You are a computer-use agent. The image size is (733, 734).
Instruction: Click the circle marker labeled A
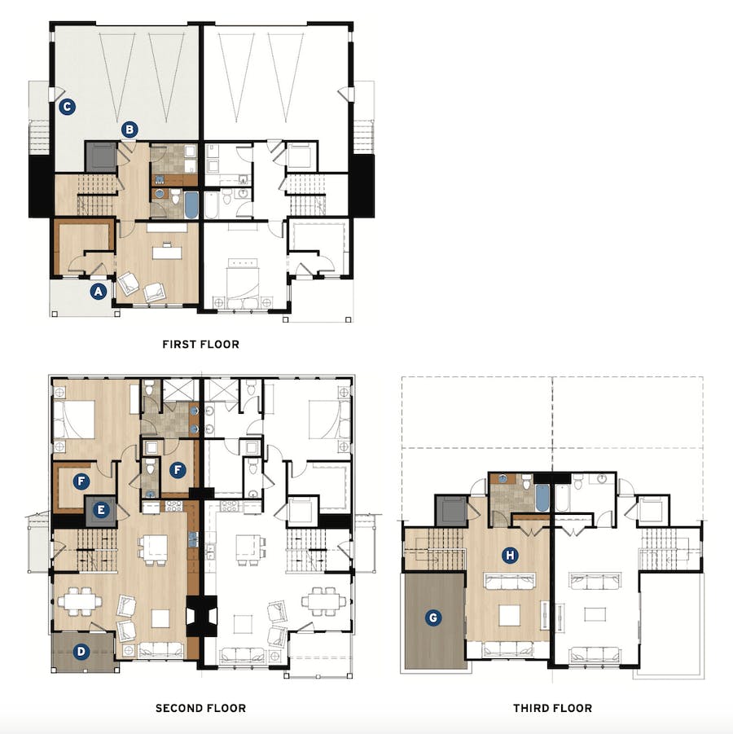(98, 289)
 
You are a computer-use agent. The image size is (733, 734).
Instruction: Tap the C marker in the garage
(68, 106)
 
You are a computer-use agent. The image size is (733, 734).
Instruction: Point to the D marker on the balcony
(81, 651)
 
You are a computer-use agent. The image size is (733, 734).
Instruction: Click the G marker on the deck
(433, 618)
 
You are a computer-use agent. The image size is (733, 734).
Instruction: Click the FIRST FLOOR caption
(200, 345)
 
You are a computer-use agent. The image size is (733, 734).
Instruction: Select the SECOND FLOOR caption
(200, 708)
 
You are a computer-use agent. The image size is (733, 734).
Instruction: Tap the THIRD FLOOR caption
(552, 708)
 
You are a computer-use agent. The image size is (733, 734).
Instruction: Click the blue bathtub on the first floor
(191, 204)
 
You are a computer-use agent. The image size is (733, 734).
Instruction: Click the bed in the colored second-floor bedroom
(73, 420)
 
